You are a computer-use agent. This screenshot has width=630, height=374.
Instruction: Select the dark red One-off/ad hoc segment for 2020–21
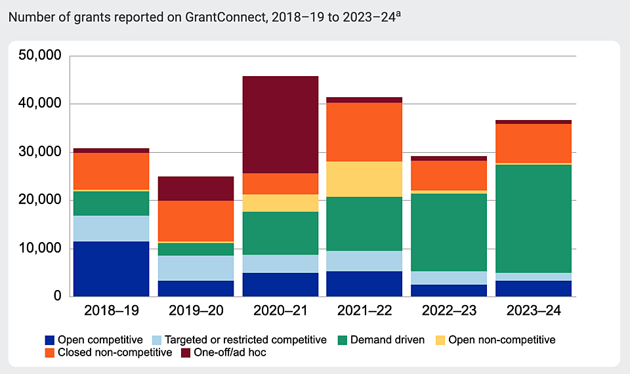[280, 125]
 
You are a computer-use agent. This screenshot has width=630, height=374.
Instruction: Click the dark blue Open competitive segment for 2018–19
[111, 269]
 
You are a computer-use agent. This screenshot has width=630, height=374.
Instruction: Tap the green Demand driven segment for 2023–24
[534, 218]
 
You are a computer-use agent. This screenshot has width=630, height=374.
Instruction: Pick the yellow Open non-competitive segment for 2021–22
[364, 179]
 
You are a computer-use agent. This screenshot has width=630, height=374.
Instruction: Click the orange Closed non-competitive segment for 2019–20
[196, 221]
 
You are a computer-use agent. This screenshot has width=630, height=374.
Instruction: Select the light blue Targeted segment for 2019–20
[196, 268]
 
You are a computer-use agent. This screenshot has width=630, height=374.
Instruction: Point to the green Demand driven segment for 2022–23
[449, 232]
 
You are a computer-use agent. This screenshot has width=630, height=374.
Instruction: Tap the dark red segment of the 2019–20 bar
[196, 188]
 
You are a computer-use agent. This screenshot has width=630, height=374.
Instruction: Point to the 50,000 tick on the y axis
[39, 56]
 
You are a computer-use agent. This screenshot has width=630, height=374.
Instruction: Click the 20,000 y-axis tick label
[39, 201]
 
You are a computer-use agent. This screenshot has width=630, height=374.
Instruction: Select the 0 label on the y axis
[57, 297]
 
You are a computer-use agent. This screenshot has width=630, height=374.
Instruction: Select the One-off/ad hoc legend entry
[224, 352]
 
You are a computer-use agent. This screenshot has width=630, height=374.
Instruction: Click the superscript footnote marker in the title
[398, 12]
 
